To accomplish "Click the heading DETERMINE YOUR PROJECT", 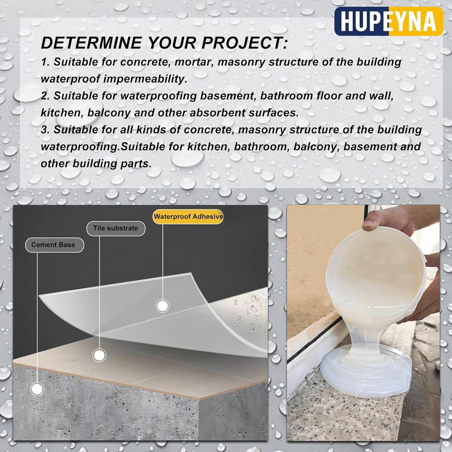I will [x=164, y=43].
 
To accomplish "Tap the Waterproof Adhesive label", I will [x=188, y=217].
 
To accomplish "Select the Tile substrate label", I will [x=116, y=228].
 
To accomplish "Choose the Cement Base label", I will [x=53, y=245].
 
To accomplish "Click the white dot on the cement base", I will [x=37, y=389].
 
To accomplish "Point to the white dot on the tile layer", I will [x=99, y=356].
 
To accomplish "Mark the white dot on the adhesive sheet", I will [x=162, y=306].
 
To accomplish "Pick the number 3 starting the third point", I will [x=45, y=130].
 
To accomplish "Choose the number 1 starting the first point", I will [x=44, y=62].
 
